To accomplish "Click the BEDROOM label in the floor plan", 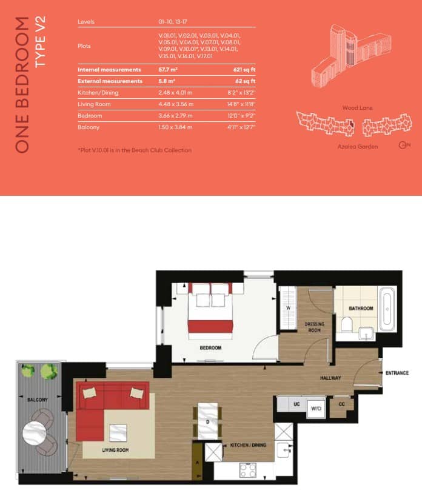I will click(211, 349).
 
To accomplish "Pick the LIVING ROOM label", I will click(116, 449).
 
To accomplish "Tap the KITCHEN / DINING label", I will click(247, 446).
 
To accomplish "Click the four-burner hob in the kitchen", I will click(247, 470).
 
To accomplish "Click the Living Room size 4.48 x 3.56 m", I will click(175, 104).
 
